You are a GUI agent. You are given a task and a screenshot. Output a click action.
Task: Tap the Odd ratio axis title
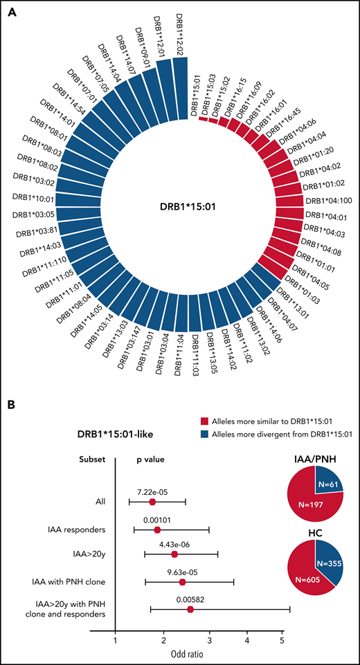[x=199, y=654]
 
